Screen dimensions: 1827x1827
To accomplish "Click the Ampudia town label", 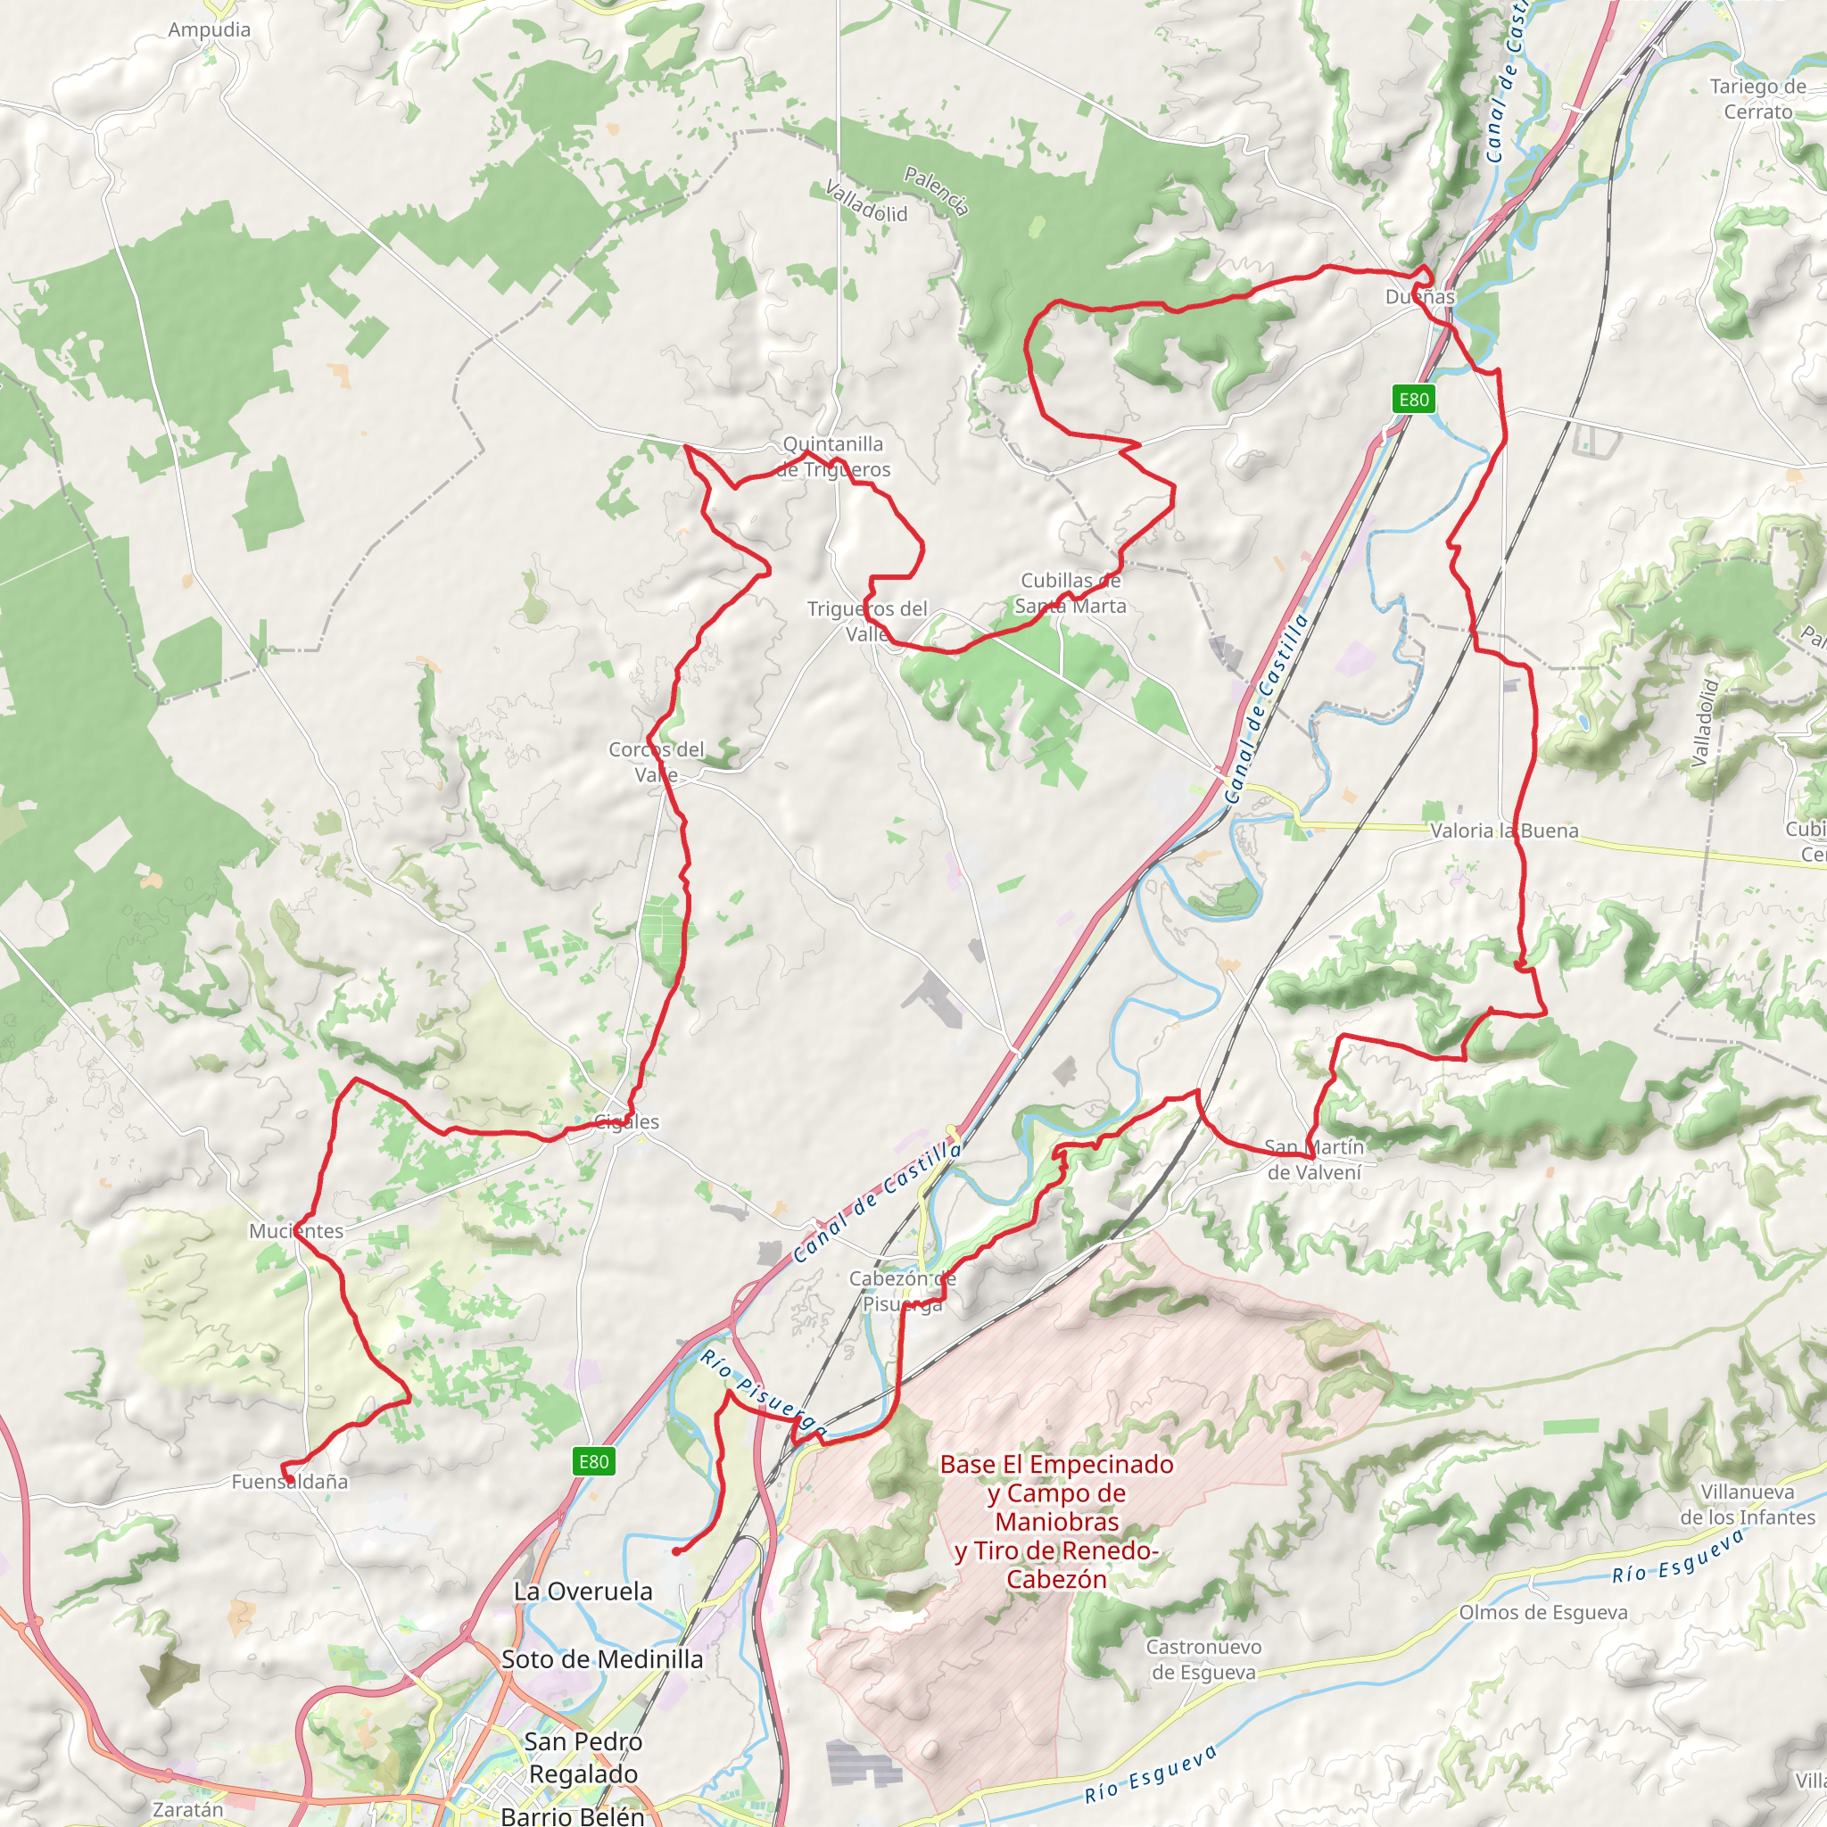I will point(209,29).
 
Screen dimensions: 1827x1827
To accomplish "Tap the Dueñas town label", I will point(1419,297).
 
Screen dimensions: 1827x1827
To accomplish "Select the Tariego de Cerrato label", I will point(1758,99).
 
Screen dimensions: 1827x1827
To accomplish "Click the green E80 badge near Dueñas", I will point(1414,399).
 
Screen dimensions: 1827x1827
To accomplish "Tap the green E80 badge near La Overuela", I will point(594,1462).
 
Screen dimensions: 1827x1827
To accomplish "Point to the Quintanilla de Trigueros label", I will point(833,457).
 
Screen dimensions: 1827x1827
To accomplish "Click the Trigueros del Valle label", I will point(867,621).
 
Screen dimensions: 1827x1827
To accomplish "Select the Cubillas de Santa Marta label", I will point(1071,593).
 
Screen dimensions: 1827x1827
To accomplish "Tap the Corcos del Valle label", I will point(657,762).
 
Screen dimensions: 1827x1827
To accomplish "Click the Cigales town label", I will point(627,1122).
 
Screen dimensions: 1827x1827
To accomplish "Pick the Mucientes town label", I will point(296,1231).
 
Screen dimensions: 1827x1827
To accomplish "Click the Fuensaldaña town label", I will point(289,1482).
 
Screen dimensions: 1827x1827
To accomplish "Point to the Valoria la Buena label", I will point(1503,831).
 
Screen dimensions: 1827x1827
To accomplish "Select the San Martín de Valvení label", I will point(1314,1160).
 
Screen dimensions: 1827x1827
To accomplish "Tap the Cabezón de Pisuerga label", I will point(902,1291).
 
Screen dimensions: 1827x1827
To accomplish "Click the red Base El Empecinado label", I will point(1056,1522).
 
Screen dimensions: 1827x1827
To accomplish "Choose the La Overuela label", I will point(583,1591).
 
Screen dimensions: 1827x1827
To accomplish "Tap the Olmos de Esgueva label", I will point(1543,1612).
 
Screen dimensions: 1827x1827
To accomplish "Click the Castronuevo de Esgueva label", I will point(1203,1659).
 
